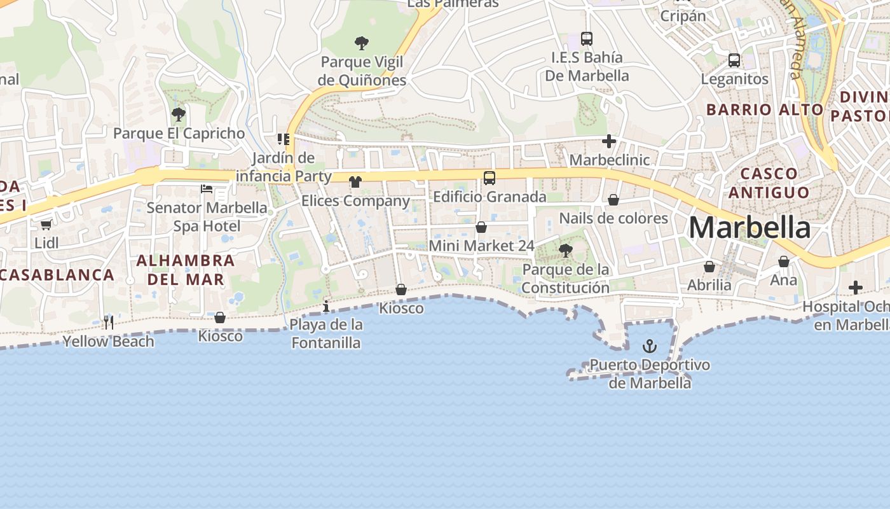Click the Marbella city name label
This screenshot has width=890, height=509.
749,228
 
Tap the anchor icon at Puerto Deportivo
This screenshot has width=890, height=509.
649,346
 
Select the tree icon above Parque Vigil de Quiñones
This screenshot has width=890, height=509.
362,43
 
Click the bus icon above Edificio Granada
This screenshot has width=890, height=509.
489,178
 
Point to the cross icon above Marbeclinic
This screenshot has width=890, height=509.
609,141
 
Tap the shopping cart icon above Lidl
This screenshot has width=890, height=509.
46,225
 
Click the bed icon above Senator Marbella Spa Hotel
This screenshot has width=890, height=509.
207,188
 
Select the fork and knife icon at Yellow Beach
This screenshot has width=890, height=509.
109,323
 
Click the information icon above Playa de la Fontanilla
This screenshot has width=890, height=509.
326,307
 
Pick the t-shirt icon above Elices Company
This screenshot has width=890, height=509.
355,182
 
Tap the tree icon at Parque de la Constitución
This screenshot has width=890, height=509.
565,251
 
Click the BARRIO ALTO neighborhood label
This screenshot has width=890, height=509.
765,109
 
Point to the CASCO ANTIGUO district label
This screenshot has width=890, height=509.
769,183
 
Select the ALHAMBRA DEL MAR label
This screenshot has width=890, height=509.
186,270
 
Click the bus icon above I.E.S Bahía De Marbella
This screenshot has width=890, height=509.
586,39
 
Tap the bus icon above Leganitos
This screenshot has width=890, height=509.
734,60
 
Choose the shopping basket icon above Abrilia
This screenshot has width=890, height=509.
709,267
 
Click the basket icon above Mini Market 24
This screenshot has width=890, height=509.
481,227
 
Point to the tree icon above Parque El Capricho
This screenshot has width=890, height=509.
179,115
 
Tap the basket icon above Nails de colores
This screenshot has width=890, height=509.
613,200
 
